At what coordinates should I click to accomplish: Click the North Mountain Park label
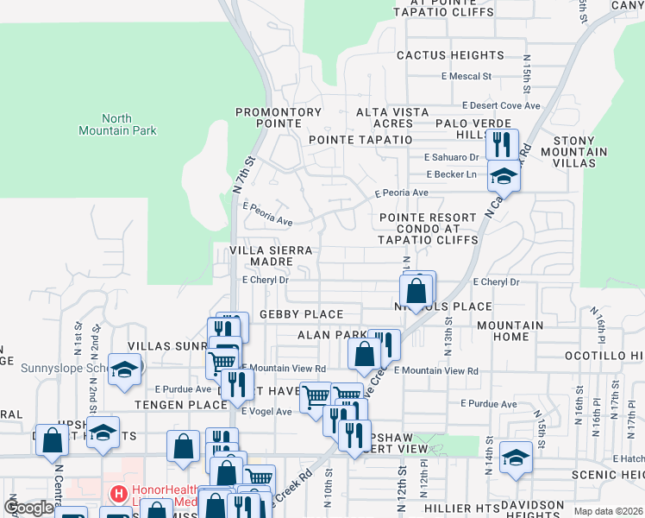[x=128, y=124]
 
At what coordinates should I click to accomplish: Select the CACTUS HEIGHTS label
[x=450, y=55]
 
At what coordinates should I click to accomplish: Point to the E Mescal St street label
[x=467, y=76]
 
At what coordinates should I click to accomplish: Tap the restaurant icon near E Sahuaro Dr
[x=502, y=143]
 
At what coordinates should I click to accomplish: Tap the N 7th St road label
[x=244, y=174]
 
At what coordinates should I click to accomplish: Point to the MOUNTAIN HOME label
[x=510, y=332]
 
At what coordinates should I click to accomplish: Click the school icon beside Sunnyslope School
[x=124, y=369]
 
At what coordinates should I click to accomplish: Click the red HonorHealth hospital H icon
[x=118, y=495]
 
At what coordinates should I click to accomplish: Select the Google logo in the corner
[x=28, y=508]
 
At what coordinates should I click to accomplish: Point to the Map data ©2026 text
[x=609, y=511]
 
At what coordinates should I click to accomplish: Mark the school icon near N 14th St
[x=516, y=457]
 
